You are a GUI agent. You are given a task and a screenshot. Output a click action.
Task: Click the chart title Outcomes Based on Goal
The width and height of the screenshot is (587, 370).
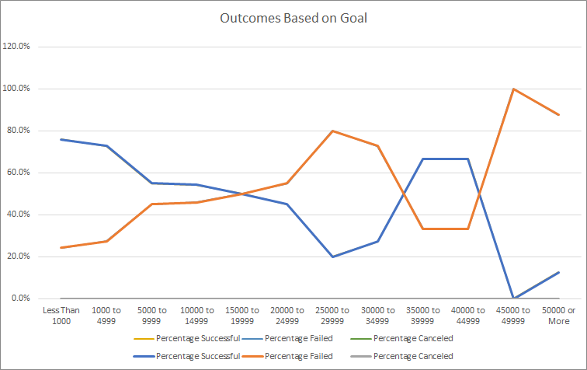[293, 19]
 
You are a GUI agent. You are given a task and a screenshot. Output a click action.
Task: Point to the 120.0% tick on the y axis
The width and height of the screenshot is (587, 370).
[17, 47]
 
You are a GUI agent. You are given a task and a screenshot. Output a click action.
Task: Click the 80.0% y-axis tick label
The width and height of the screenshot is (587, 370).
[19, 131]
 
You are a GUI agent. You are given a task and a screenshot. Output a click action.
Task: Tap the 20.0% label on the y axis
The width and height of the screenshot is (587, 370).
[19, 257]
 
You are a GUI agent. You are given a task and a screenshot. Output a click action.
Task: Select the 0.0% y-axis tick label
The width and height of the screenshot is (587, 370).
[20, 298]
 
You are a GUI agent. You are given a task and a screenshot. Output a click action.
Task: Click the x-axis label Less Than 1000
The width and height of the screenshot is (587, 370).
[61, 316]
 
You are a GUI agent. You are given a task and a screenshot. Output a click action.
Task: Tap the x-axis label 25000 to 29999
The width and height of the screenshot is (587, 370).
[332, 316]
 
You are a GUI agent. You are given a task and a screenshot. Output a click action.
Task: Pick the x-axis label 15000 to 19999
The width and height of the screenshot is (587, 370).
[242, 316]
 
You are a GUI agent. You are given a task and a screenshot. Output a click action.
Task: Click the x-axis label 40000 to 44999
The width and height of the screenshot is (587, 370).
[468, 316]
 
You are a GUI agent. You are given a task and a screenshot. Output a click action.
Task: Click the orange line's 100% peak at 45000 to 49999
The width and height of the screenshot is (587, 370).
[513, 89]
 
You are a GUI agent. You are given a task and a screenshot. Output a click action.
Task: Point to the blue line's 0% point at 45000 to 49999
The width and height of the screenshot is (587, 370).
[513, 298]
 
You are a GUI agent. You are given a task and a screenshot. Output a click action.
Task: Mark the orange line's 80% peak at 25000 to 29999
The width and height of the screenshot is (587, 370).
[332, 131]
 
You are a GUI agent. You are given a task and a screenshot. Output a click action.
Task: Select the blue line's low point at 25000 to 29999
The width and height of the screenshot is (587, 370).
[332, 257]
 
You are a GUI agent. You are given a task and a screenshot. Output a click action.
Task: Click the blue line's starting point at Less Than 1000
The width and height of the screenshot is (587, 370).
[61, 139]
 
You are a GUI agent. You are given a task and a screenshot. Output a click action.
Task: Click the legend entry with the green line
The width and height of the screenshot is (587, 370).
[404, 338]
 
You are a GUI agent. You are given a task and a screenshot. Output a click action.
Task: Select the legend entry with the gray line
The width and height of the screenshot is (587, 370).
[404, 356]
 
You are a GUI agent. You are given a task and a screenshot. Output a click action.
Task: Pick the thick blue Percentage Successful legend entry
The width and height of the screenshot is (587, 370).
[186, 356]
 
